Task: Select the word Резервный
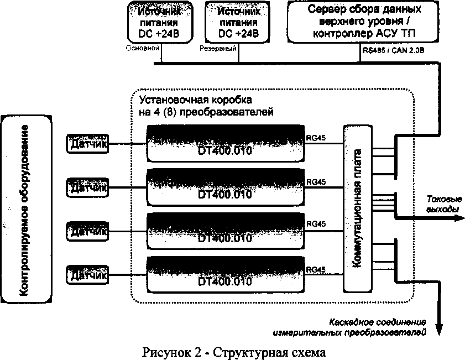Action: pos(218,49)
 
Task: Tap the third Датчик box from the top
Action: pos(87,231)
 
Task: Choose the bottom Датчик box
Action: pos(87,274)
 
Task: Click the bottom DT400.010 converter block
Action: pos(225,274)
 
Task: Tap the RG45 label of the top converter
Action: pos(316,137)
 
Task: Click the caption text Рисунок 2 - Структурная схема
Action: pos(232,351)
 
